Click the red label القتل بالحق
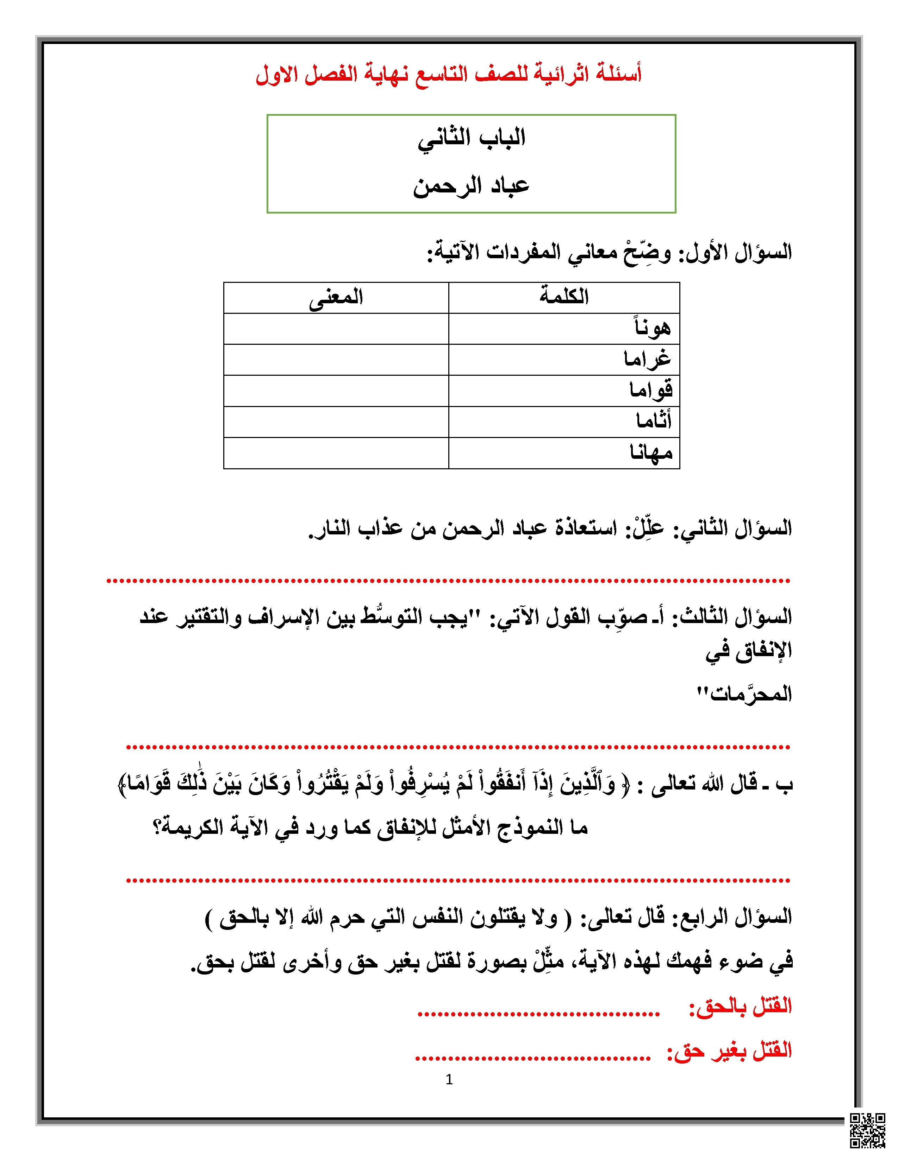(741, 1006)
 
